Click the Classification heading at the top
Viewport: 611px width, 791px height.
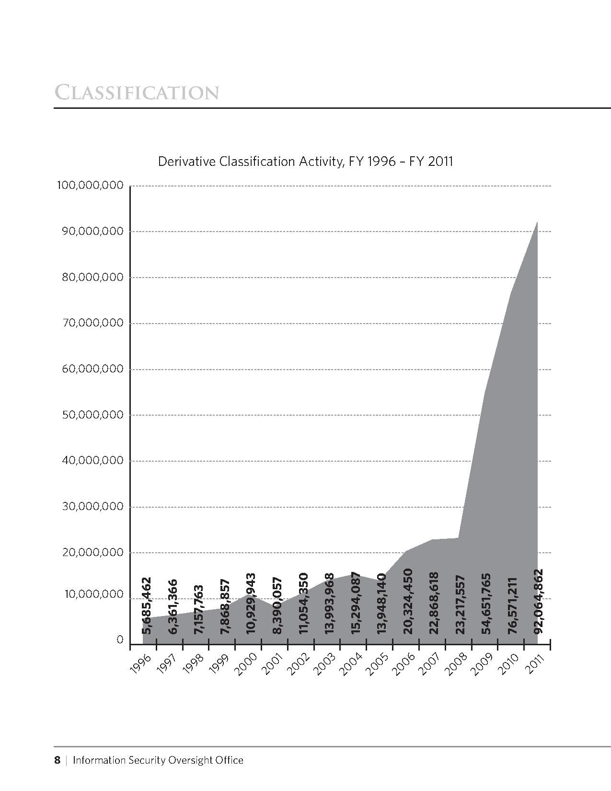[137, 92]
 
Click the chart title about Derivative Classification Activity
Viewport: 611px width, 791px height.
[305, 161]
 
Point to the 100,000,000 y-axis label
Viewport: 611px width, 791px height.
[90, 186]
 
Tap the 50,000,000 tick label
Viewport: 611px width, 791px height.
[92, 415]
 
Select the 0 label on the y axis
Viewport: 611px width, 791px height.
[120, 640]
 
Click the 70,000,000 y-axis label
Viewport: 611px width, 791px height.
[92, 323]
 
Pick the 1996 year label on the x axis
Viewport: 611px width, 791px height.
[141, 664]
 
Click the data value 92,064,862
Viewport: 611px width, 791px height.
[539, 601]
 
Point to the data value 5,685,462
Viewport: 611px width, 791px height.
[147, 605]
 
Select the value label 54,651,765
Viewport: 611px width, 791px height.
[486, 604]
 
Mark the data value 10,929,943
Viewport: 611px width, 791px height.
[251, 604]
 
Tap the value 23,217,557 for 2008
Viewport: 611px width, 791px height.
[460, 605]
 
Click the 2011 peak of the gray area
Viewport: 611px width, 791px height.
[537, 222]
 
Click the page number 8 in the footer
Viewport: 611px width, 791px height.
[57, 760]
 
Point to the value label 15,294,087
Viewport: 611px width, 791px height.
[356, 604]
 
